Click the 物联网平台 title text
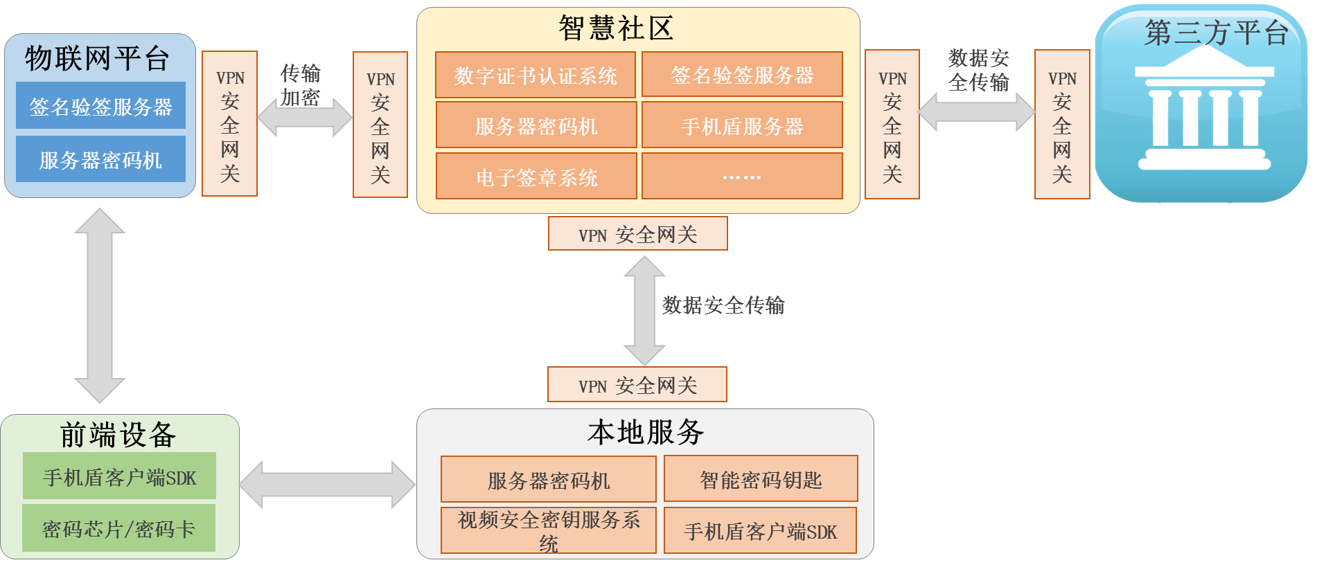[97, 58]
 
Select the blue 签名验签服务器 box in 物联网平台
[100, 106]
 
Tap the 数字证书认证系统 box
[535, 75]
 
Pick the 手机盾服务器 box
[742, 126]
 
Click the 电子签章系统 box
[536, 177]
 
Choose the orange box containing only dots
[742, 177]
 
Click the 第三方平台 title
[1216, 33]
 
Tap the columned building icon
[1204, 118]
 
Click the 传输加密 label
[300, 85]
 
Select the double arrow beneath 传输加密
[305, 118]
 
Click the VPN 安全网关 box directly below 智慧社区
[637, 234]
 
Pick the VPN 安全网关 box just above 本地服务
[637, 385]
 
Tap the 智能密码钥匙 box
[761, 479]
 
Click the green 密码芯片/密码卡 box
[118, 528]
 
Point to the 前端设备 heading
[118, 435]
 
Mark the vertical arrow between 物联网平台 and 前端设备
[100, 305]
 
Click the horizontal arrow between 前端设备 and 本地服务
[328, 485]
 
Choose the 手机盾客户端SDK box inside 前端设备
[119, 476]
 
